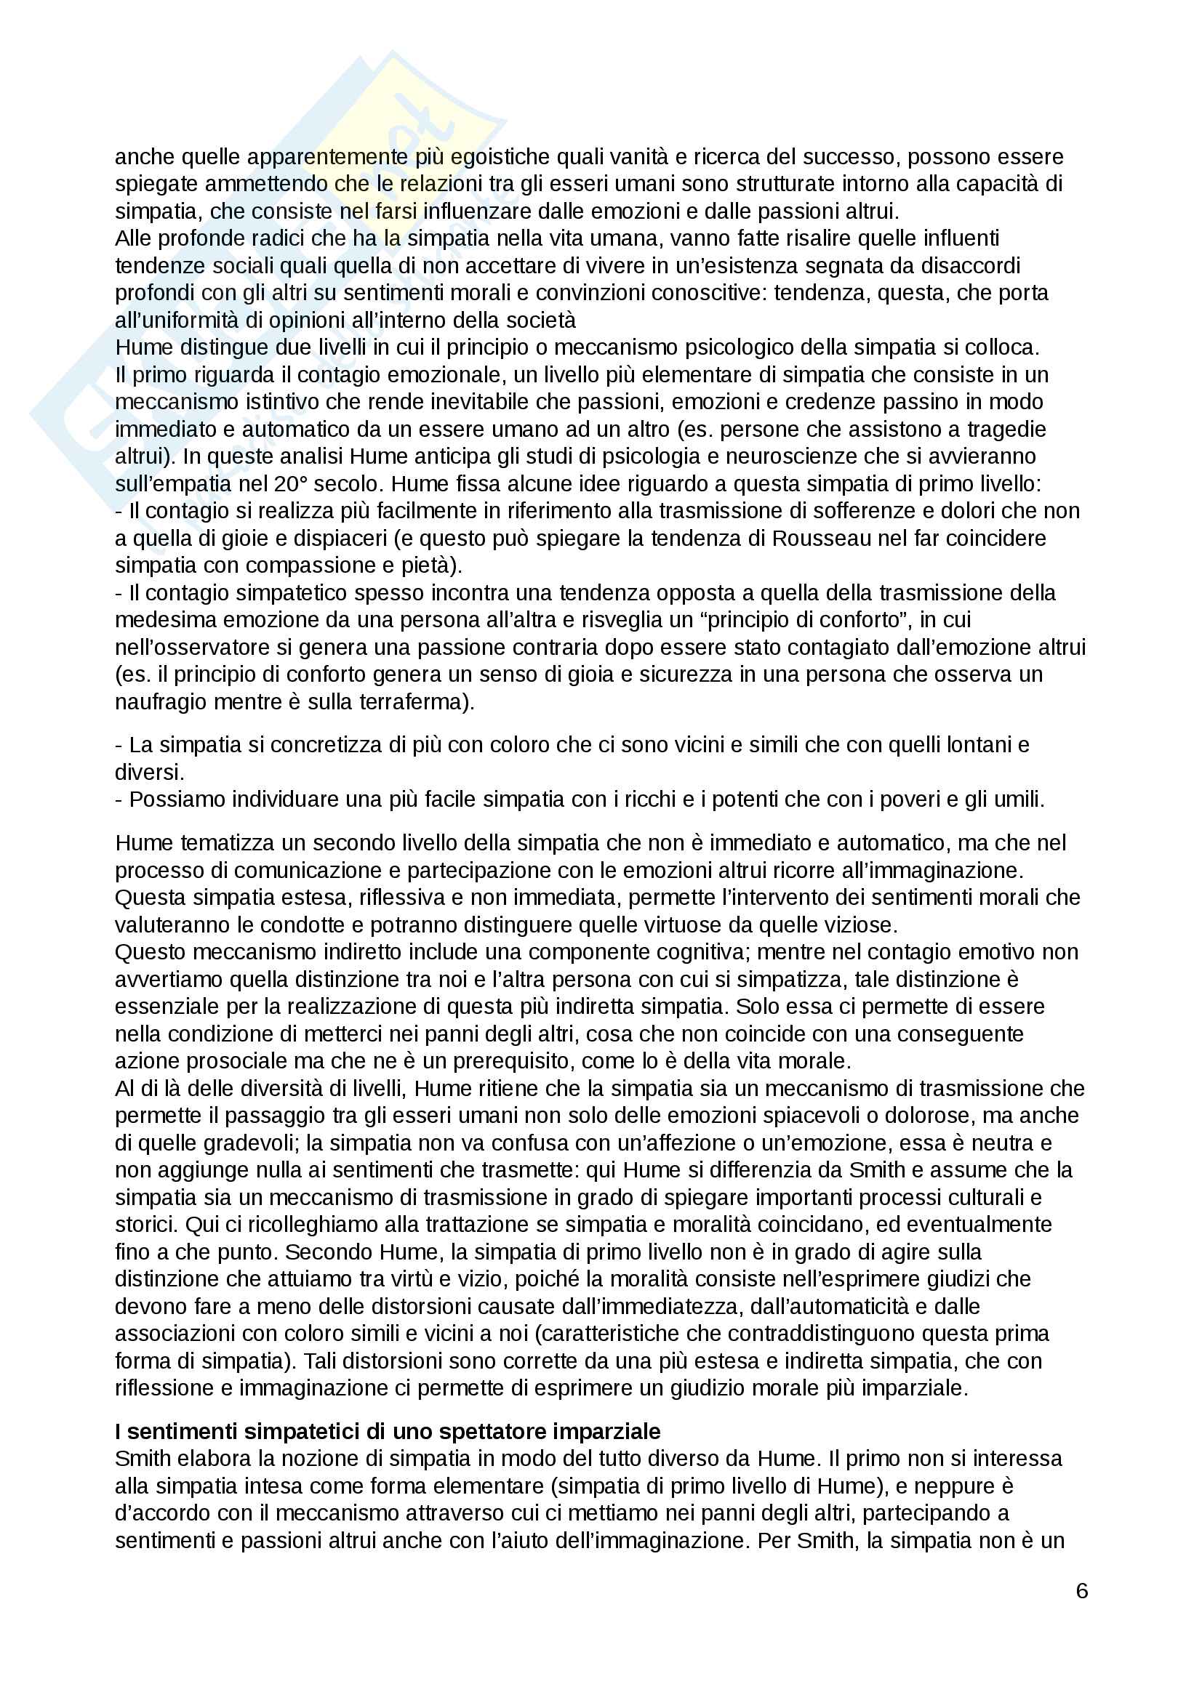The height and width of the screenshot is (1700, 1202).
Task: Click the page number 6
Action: pyautogui.click(x=1081, y=1590)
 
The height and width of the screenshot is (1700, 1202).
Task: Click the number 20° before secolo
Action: pyautogui.click(x=295, y=484)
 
